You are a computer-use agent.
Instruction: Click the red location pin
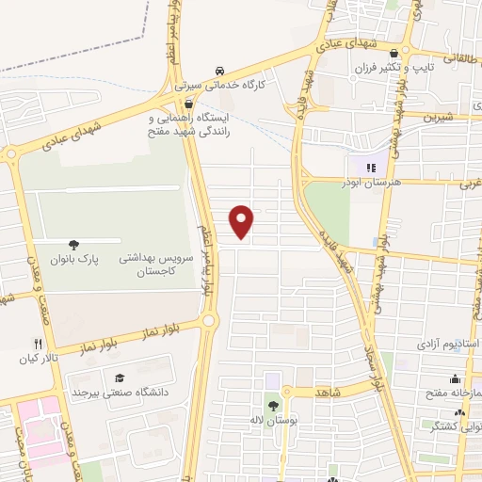pos(243,221)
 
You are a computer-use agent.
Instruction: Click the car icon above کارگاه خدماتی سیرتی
pos(219,71)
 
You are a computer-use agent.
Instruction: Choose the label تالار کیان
pos(35,359)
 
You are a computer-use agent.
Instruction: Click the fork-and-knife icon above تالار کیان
pos(38,344)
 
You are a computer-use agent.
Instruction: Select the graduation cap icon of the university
pos(120,377)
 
